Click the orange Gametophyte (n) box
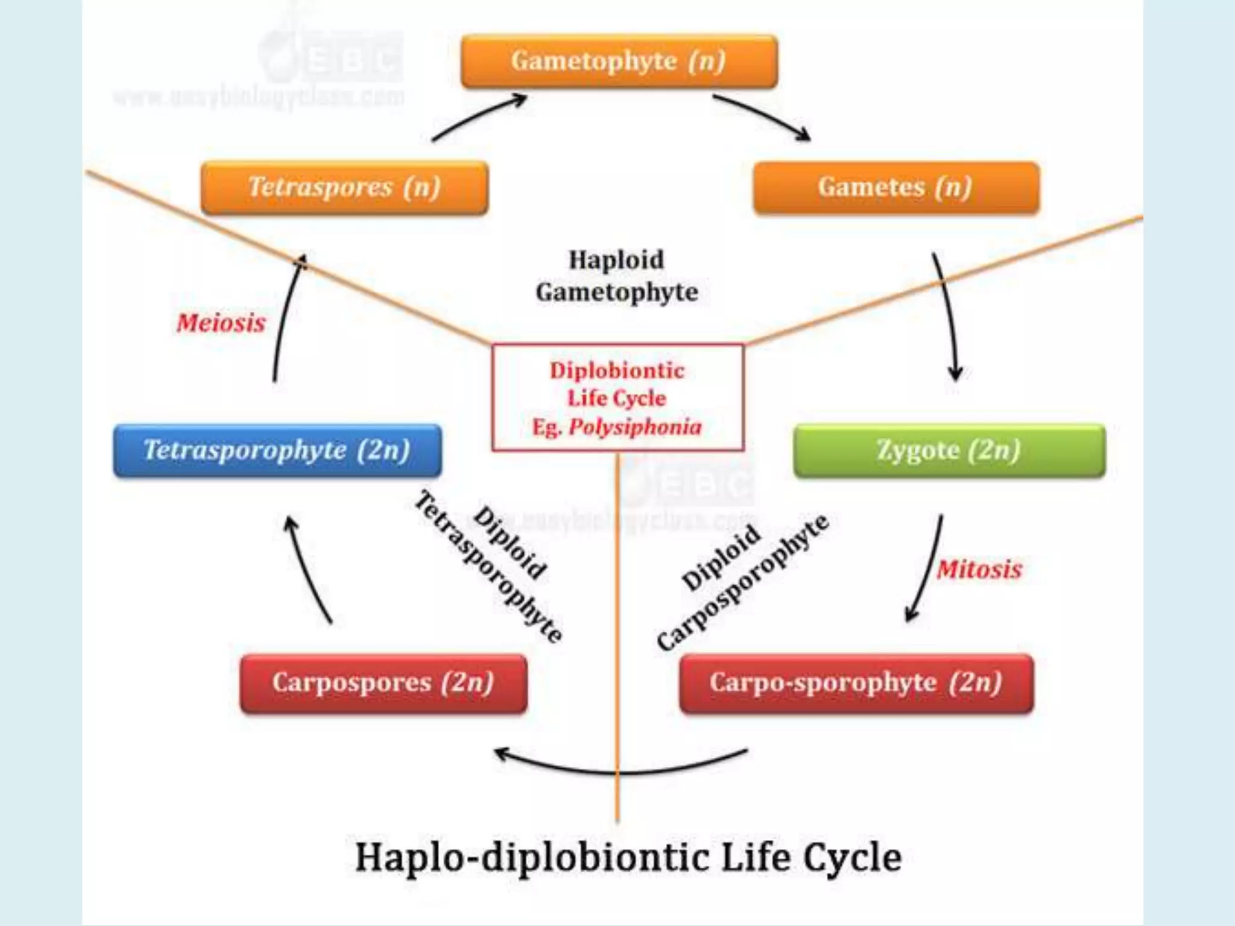pos(619,61)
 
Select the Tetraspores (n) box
pos(344,187)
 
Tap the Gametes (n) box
pos(896,187)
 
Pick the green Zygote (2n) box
pos(949,450)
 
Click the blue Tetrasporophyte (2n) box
pos(277,450)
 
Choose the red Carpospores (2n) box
pos(384,683)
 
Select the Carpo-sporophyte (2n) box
pos(856,683)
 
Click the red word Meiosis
pos(221,323)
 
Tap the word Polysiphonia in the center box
pos(635,427)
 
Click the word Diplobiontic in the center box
pos(617,370)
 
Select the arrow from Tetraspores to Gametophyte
pos(479,116)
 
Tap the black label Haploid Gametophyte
pos(616,276)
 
